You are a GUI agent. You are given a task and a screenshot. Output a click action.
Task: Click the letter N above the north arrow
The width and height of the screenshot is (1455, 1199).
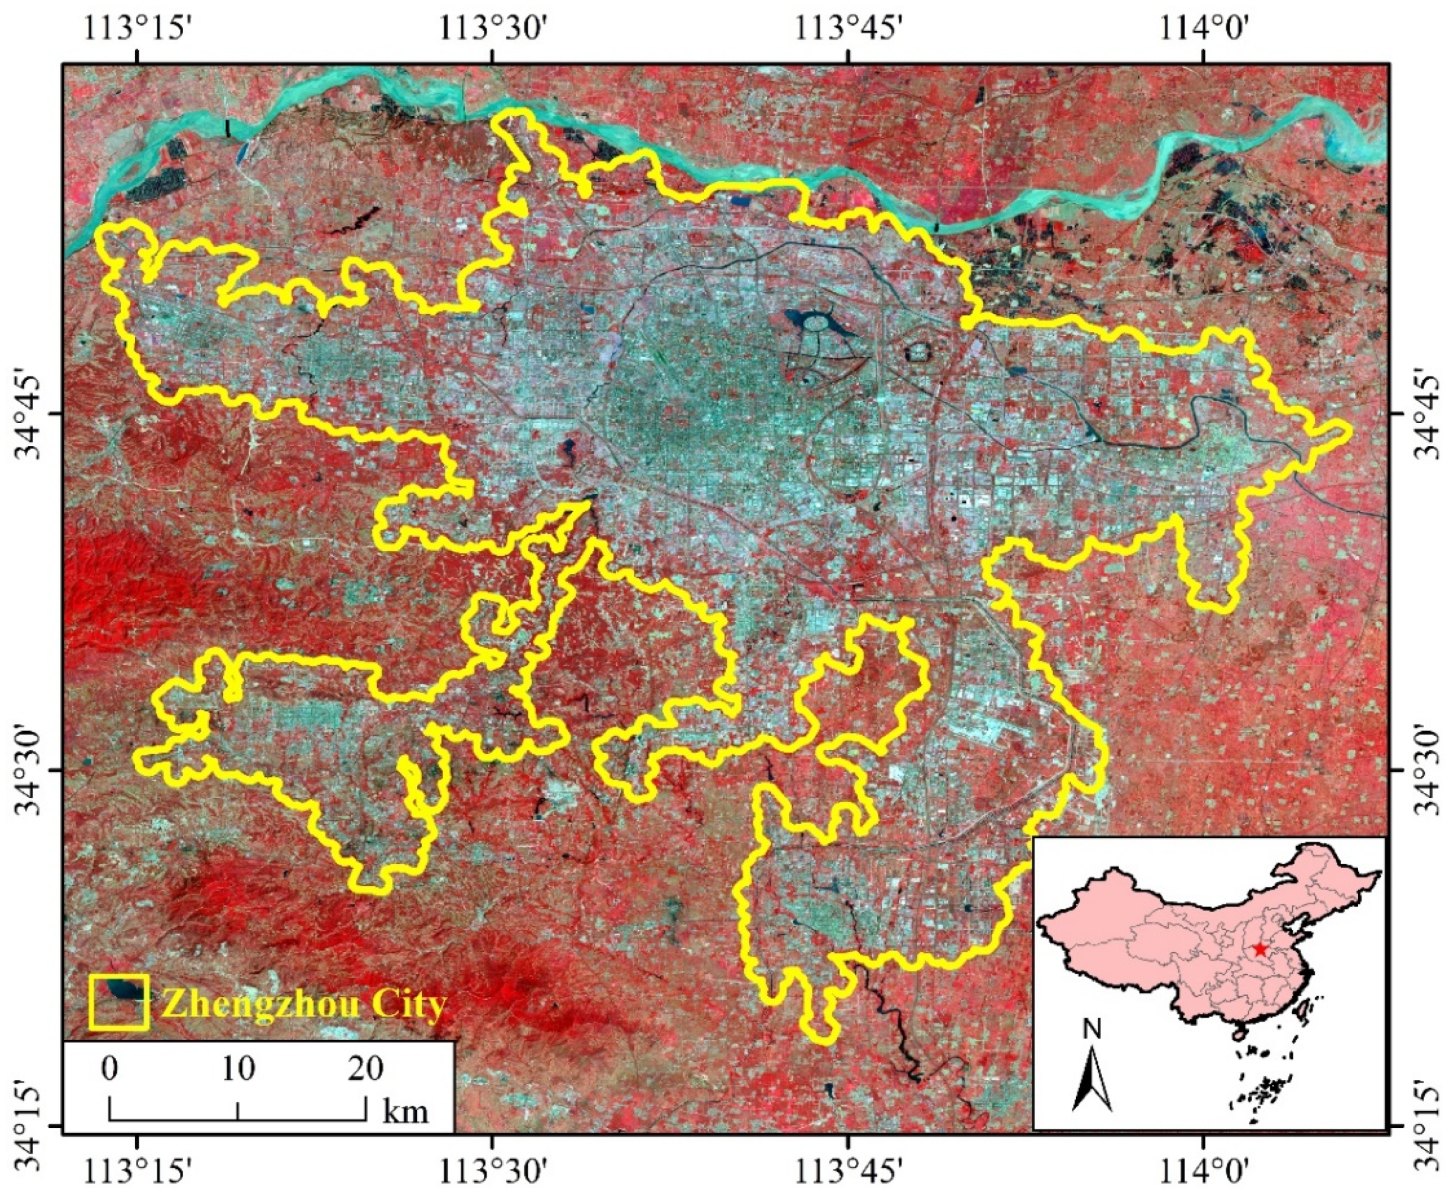(1092, 1031)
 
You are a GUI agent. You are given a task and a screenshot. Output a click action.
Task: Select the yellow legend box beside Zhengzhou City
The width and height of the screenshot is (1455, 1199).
(119, 1002)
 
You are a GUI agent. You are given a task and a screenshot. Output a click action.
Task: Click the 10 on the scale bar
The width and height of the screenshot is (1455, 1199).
(238, 1069)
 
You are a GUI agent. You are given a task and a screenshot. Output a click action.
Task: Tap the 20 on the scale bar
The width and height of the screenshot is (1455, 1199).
(365, 1069)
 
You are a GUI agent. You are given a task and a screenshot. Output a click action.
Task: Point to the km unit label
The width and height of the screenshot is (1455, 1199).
(406, 1112)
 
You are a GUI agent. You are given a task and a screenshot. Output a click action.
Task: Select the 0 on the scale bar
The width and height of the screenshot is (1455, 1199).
(109, 1069)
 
